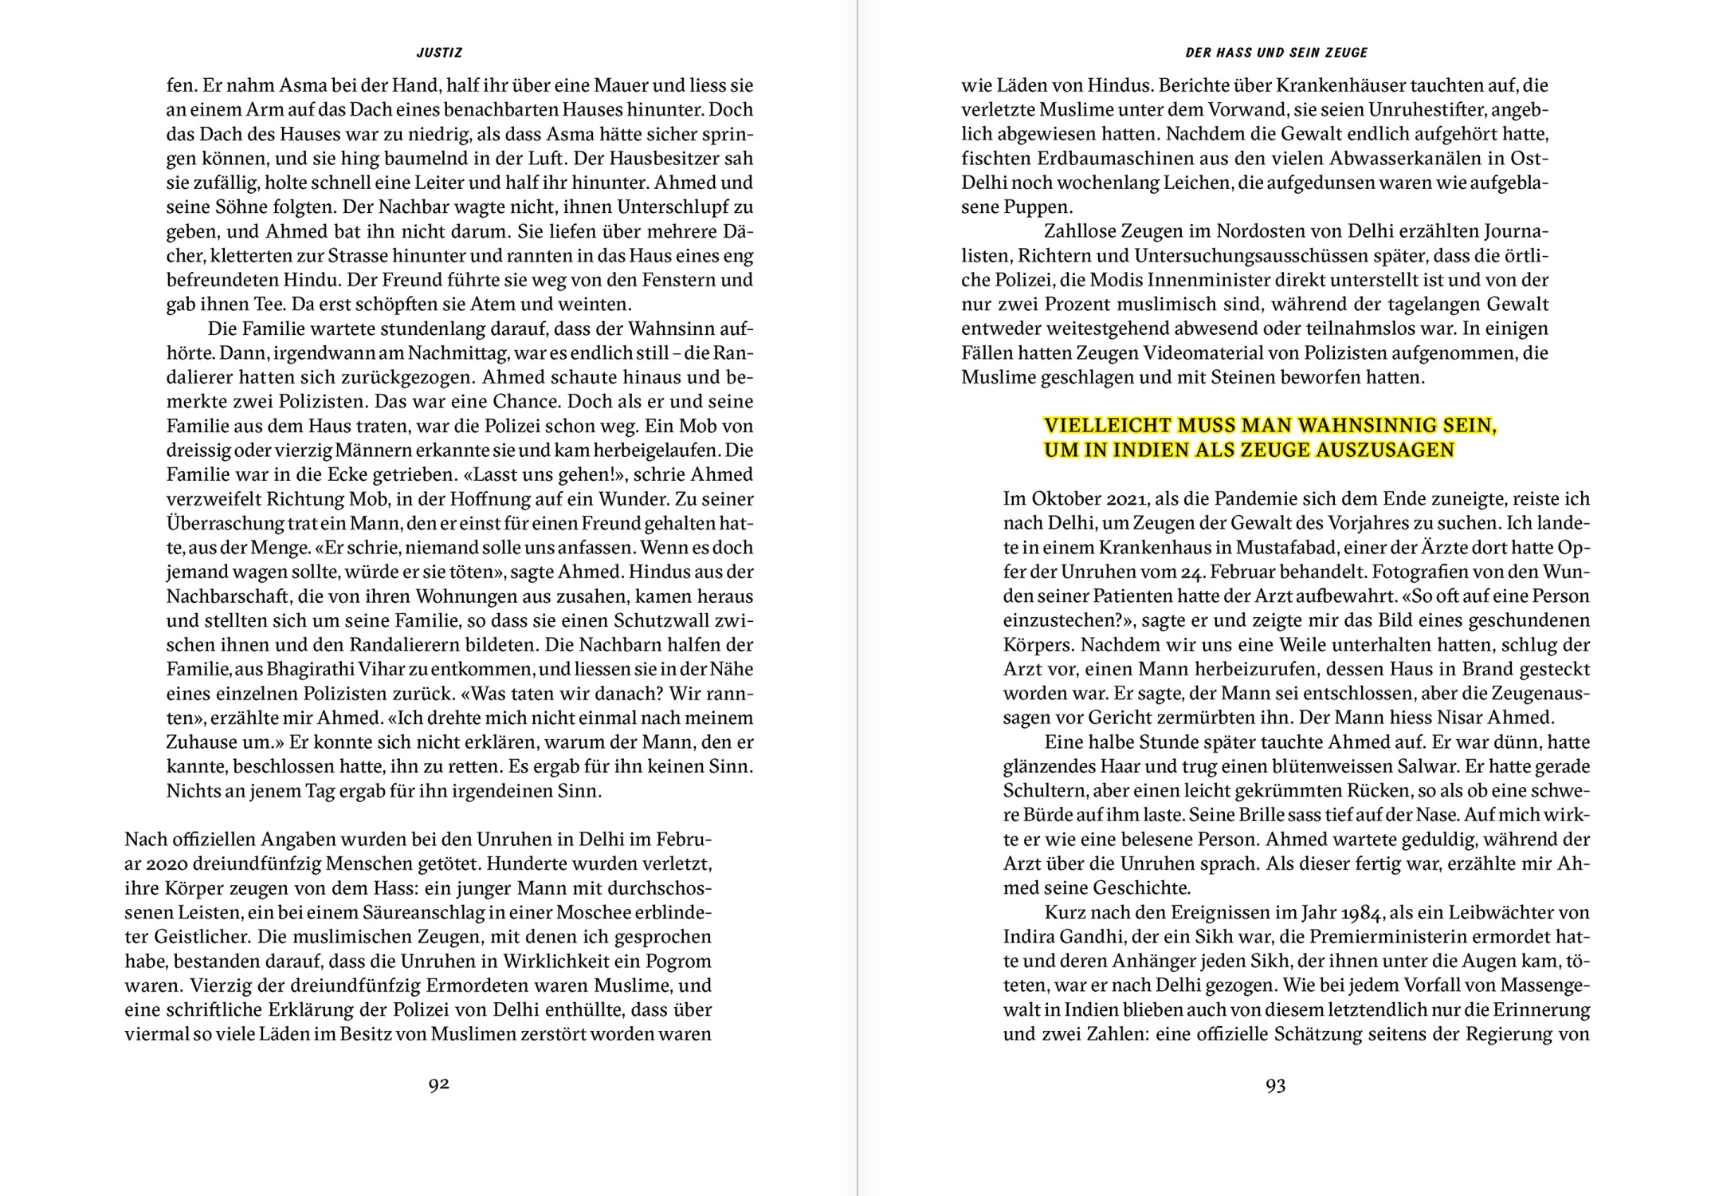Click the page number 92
point(439,1084)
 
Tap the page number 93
point(1276,1085)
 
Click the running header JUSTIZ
point(439,53)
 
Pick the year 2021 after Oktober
point(1126,498)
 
